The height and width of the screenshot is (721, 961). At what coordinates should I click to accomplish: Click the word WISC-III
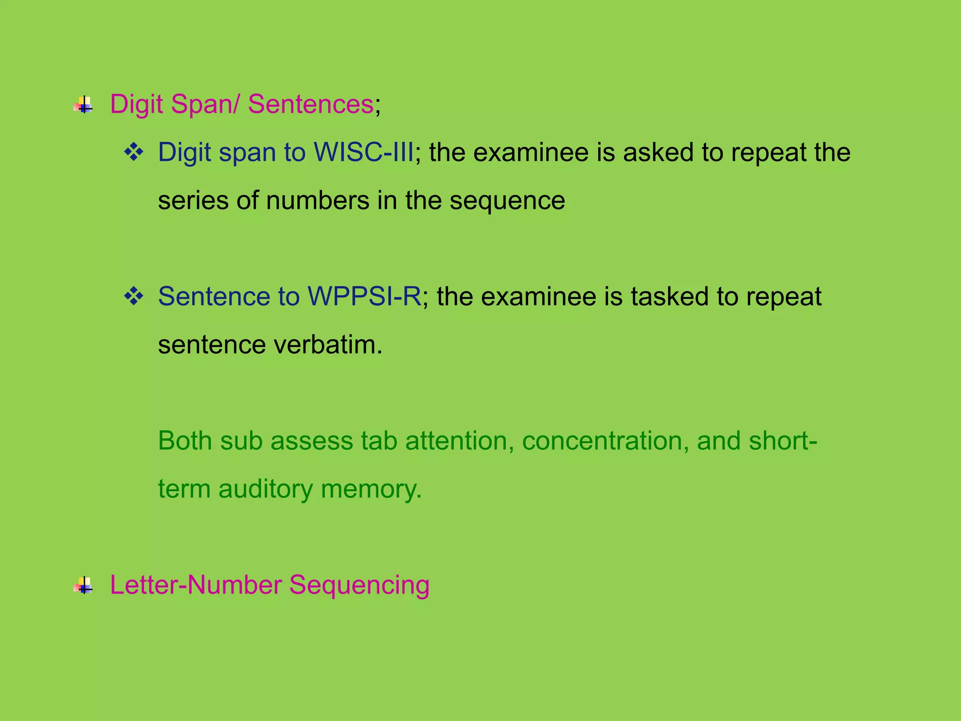click(x=364, y=153)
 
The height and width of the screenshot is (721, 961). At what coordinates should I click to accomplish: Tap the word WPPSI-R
click(x=364, y=297)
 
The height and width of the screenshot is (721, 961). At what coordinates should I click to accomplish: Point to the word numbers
click(x=318, y=201)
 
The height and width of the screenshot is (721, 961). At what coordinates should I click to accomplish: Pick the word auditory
click(x=265, y=490)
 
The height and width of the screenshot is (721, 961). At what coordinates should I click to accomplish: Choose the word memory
click(x=371, y=490)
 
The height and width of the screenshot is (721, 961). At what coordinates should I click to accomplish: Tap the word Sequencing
click(x=359, y=586)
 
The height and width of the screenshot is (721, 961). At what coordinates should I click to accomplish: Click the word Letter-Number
click(x=196, y=586)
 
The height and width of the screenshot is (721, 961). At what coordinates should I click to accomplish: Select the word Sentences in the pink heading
click(x=310, y=104)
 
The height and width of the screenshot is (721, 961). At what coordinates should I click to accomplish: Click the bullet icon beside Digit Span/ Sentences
click(x=84, y=105)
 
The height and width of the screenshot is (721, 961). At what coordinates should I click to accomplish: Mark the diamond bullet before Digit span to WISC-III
click(x=134, y=153)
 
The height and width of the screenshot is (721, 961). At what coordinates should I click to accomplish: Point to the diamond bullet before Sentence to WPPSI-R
click(x=134, y=297)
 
